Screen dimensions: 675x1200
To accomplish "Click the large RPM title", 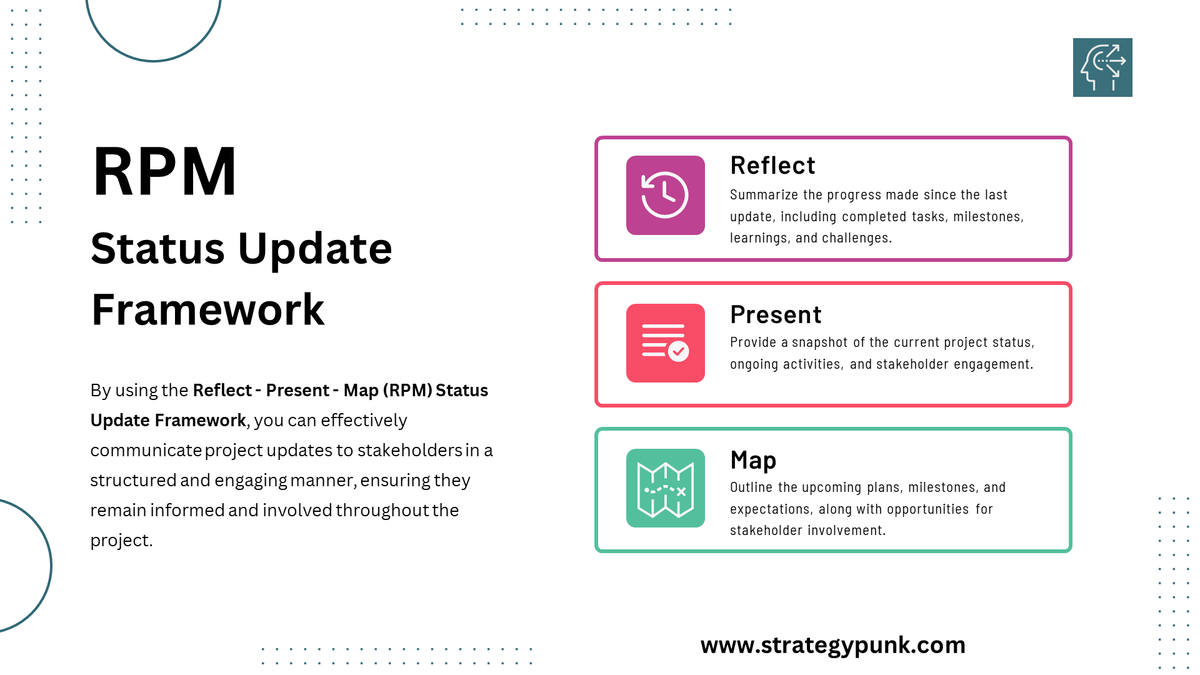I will [165, 171].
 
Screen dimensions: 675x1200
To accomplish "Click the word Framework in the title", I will [208, 309].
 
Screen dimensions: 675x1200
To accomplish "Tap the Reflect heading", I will [772, 165].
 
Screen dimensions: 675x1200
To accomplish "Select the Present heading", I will [775, 314].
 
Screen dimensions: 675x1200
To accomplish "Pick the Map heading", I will [753, 460].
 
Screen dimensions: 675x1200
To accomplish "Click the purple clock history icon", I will [665, 195].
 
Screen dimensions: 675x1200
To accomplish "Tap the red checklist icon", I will [665, 343].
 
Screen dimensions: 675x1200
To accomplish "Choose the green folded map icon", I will [665, 488].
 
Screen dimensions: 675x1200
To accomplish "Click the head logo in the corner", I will [1102, 67].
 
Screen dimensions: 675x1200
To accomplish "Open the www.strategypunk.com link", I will [833, 645].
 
